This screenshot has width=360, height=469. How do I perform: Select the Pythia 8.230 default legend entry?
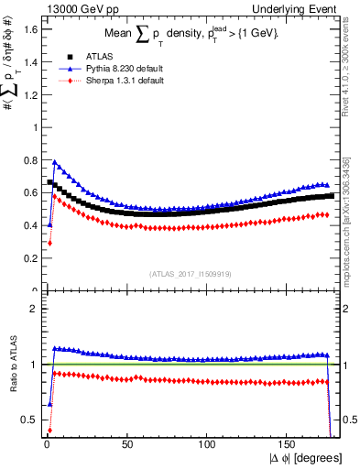[x=110, y=68]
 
